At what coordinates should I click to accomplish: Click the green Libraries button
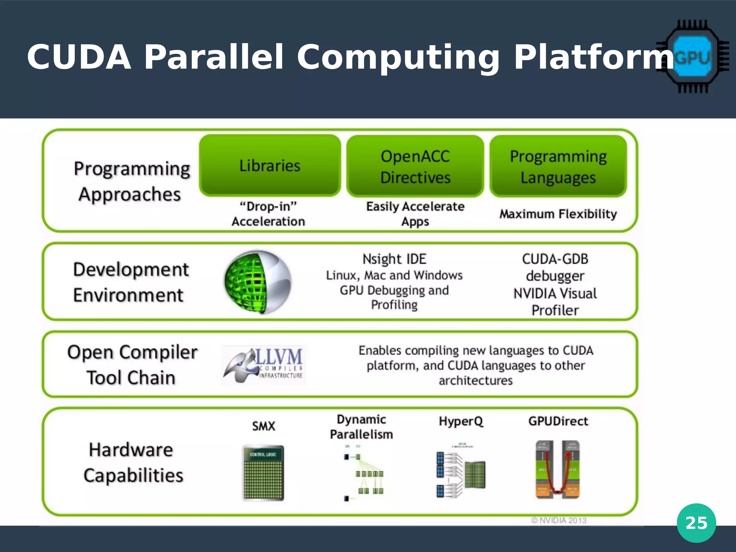click(x=270, y=166)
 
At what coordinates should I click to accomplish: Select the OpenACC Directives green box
click(x=415, y=166)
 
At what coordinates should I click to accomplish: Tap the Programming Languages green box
click(x=558, y=166)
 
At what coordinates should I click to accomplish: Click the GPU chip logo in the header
click(x=692, y=57)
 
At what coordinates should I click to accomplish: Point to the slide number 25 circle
click(x=696, y=523)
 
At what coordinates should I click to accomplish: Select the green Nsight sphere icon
click(x=258, y=282)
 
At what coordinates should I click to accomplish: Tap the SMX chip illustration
click(x=263, y=473)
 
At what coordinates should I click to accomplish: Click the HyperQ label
click(x=461, y=421)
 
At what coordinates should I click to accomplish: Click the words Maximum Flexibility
click(x=558, y=214)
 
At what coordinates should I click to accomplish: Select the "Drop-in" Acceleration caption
click(x=268, y=214)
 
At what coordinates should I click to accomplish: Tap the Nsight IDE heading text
click(x=394, y=259)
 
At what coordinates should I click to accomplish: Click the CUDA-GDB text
click(x=555, y=259)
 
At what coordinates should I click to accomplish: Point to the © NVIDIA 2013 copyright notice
click(x=559, y=520)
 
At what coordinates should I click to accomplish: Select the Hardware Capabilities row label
click(x=132, y=463)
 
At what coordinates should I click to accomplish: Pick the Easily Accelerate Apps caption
click(x=415, y=214)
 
